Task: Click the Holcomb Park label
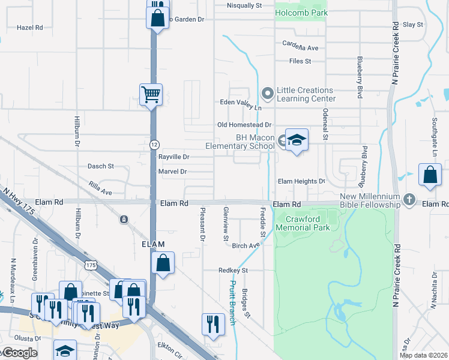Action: pyautogui.click(x=301, y=13)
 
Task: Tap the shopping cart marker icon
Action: pyautogui.click(x=151, y=94)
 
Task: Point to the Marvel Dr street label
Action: pyautogui.click(x=172, y=172)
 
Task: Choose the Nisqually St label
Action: pyautogui.click(x=244, y=5)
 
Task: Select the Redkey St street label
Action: pyautogui.click(x=233, y=271)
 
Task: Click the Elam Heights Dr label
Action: pyautogui.click(x=301, y=181)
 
